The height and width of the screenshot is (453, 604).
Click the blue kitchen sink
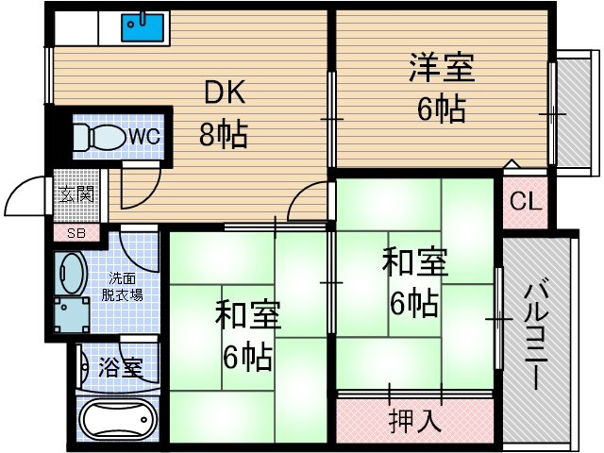click(143, 27)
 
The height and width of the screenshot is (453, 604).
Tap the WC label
click(144, 136)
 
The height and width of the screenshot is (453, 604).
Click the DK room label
click(225, 93)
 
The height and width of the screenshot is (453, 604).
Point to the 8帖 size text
click(223, 134)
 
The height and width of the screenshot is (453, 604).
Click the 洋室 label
click(442, 68)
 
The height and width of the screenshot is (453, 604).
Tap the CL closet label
click(526, 201)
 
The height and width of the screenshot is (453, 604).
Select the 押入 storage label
click(414, 421)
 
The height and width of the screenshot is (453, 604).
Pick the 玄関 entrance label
click(77, 194)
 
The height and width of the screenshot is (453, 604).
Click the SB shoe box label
click(76, 233)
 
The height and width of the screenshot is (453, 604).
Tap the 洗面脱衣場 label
click(122, 287)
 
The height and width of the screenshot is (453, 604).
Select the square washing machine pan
click(72, 314)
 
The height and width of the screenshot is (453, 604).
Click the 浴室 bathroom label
click(121, 367)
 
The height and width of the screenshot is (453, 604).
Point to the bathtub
click(119, 419)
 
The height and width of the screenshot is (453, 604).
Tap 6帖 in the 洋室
click(442, 109)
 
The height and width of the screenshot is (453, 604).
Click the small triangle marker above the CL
click(512, 163)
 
